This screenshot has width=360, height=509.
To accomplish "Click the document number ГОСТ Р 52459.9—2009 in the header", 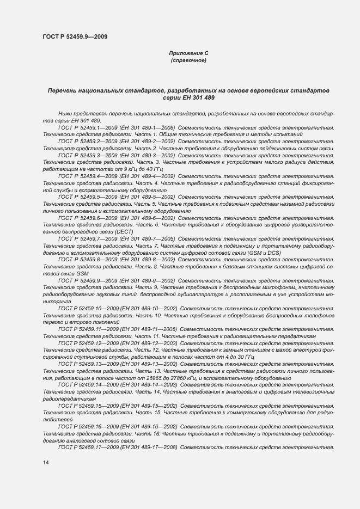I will (75, 36).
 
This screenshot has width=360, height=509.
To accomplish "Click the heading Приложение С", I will (188, 53).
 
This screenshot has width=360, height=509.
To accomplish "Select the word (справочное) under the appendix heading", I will (188, 60).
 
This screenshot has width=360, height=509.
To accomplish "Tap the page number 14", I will (46, 462).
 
